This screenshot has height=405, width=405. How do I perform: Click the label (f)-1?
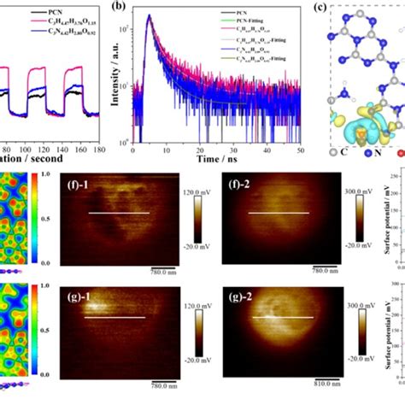pos(81,181)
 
